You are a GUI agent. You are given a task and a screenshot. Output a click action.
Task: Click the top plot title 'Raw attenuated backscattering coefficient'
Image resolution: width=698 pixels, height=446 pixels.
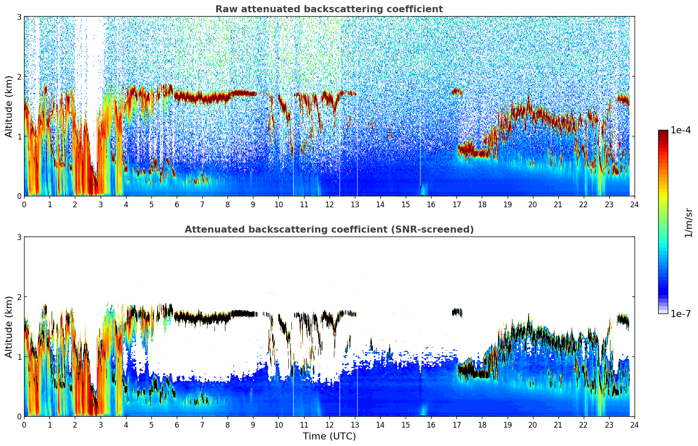pos(329,9)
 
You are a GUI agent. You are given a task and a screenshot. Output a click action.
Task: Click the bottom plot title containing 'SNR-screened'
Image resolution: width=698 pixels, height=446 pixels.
pos(329,230)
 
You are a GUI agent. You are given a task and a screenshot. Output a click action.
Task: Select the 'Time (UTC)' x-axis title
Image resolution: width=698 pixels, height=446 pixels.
pos(329,436)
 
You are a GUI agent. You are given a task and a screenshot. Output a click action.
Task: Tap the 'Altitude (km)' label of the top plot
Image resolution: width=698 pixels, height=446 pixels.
pos(9,106)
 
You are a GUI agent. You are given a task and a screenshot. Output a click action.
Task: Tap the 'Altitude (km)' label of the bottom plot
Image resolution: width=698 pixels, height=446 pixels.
pos(9,327)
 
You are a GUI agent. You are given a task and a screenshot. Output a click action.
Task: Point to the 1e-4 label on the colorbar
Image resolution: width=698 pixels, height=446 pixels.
pos(680,130)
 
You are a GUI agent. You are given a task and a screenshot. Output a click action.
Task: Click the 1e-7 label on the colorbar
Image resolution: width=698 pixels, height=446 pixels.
pos(680,314)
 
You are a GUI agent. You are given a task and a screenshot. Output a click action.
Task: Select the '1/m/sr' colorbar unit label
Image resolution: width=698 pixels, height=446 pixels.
pos(688,223)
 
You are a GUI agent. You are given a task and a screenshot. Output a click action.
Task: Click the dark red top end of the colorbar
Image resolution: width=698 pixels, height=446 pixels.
pos(663,132)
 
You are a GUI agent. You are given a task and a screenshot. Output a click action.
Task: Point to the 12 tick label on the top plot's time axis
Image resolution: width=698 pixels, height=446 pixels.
pos(329,204)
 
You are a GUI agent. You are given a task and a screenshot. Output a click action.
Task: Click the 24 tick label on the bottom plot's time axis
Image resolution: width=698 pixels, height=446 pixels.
pos(634,425)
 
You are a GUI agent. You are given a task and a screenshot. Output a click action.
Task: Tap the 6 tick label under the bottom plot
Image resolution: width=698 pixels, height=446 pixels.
pos(177,425)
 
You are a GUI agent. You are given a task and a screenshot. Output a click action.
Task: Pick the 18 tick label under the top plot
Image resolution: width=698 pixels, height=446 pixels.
pos(482,204)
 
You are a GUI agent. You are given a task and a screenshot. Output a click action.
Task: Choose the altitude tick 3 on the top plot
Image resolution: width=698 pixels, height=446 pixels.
pos(19,17)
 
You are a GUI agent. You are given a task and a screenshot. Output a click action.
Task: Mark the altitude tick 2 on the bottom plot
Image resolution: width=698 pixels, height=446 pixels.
pos(19,297)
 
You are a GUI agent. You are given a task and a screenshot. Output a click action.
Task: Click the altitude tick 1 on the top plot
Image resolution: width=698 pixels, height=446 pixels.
pos(19,136)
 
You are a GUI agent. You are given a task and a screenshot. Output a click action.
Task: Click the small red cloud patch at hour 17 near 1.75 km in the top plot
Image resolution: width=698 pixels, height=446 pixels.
pos(457,91)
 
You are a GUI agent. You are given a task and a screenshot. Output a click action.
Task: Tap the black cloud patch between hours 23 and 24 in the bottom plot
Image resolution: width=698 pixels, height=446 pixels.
pos(623,321)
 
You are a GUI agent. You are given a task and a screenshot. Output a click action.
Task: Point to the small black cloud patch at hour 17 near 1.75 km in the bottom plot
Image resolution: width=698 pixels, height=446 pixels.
pos(457,312)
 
